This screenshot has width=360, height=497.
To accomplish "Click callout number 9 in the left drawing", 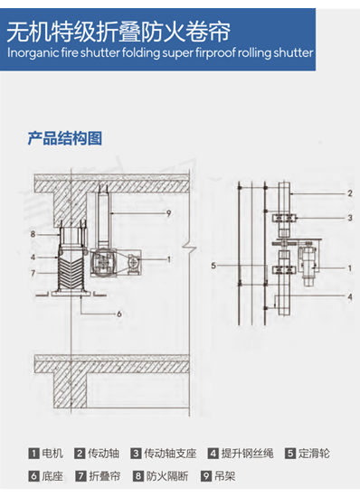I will [168, 212].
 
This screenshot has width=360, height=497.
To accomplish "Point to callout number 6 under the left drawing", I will [118, 314].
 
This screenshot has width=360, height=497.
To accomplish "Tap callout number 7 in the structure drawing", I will [33, 272].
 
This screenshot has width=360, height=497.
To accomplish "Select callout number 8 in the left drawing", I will [32, 235].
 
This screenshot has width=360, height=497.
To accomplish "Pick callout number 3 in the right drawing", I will [349, 218].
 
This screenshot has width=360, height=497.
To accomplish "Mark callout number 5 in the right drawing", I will [213, 267].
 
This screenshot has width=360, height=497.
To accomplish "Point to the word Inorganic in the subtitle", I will [32, 52].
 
